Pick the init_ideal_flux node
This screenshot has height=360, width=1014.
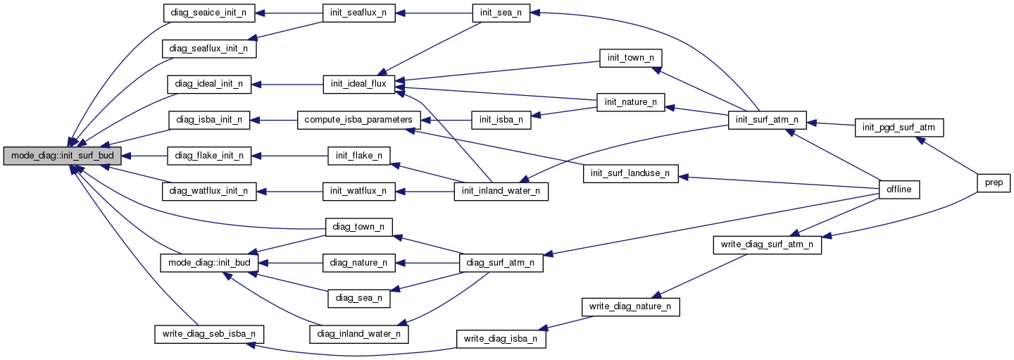coord(358,84)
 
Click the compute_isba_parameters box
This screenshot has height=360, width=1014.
coord(359,120)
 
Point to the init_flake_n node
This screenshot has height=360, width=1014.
coord(358,155)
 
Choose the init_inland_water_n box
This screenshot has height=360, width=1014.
coord(501,191)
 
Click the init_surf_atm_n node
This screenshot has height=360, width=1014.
coord(767,120)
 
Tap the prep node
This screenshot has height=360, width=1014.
coord(994,182)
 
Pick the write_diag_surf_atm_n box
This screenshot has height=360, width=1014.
coord(767,244)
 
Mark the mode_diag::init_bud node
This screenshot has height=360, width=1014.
coord(209,263)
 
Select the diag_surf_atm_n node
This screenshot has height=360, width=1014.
coord(501,263)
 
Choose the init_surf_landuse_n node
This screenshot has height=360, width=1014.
coord(630,173)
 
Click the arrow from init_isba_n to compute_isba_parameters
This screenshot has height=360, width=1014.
coord(446,120)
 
